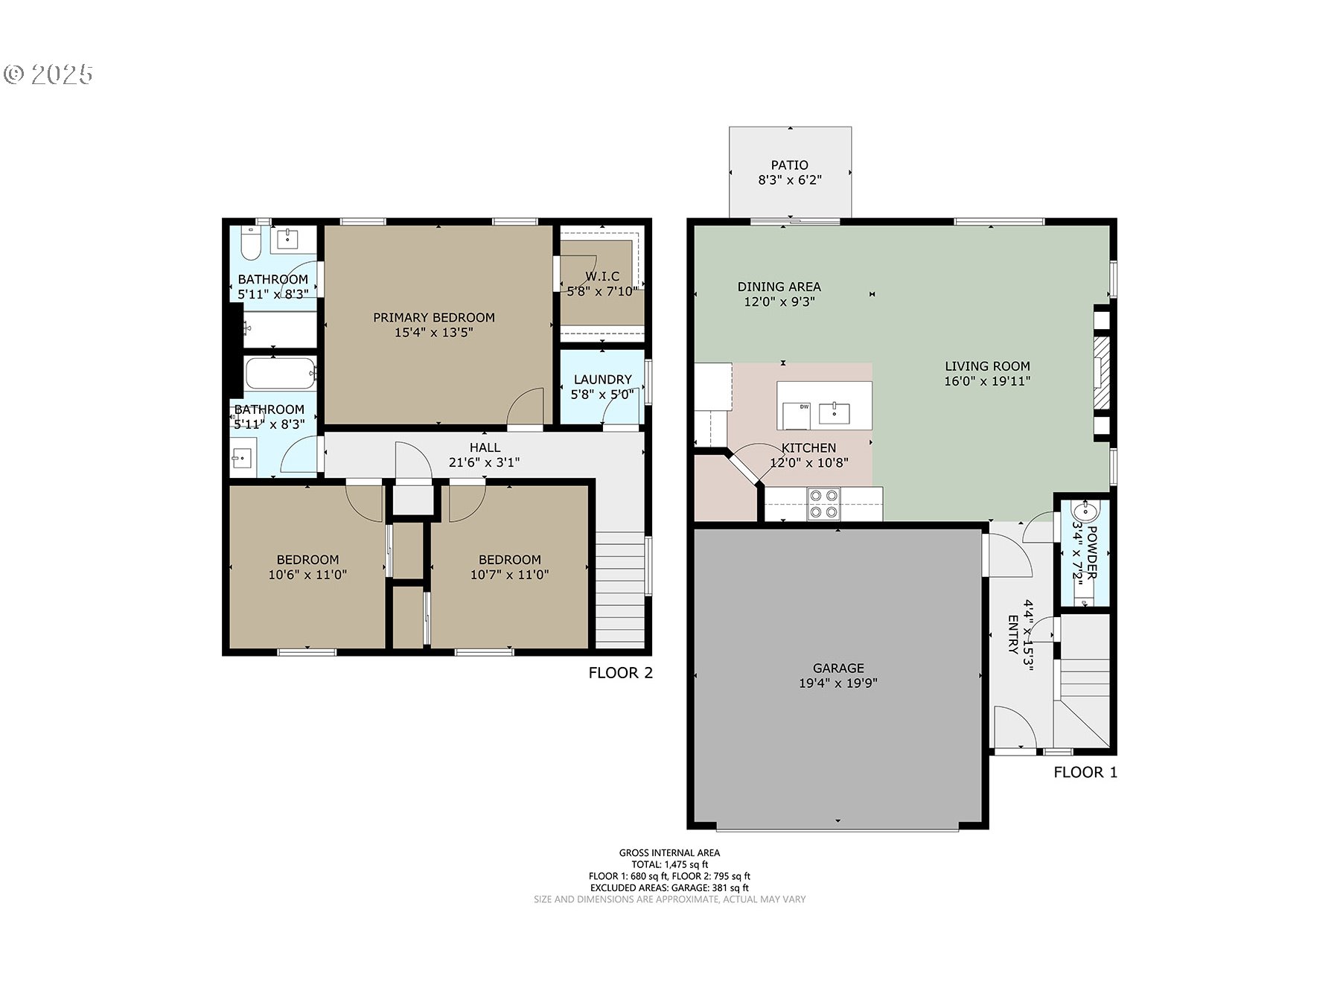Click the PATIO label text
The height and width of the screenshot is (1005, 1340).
pyautogui.click(x=789, y=165)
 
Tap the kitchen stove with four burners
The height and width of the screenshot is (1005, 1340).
pyautogui.click(x=823, y=504)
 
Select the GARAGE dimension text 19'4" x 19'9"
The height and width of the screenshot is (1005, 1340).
pyautogui.click(x=837, y=683)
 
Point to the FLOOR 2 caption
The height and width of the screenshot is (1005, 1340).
pyautogui.click(x=620, y=673)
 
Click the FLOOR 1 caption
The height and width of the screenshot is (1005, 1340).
pyautogui.click(x=1085, y=772)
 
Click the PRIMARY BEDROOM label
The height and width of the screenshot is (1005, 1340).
pyautogui.click(x=433, y=317)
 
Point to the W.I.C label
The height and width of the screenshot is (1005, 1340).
pyautogui.click(x=602, y=276)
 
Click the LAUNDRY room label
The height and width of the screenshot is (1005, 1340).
pyautogui.click(x=602, y=379)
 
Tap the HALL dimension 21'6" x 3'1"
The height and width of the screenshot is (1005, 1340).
pyautogui.click(x=484, y=462)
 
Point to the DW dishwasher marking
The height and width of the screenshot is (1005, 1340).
pyautogui.click(x=804, y=407)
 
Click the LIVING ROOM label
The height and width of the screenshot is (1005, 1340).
pyautogui.click(x=987, y=366)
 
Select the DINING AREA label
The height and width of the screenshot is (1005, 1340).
pyautogui.click(x=779, y=286)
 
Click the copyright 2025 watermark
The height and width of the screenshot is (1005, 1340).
pyautogui.click(x=49, y=74)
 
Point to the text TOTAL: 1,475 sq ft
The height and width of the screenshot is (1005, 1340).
pyautogui.click(x=669, y=864)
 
